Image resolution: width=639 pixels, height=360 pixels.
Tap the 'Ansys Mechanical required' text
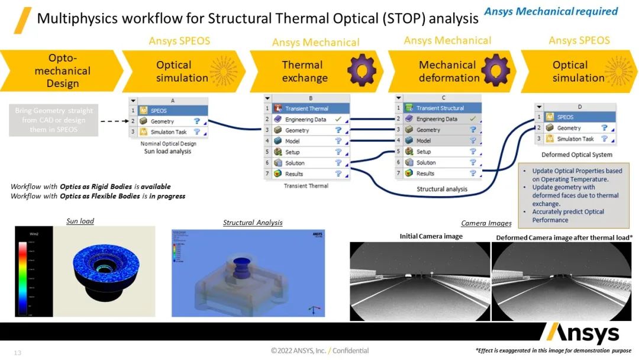point(550,11)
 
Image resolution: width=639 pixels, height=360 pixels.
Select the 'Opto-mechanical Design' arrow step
point(62,70)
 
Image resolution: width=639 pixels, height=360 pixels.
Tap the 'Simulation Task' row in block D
point(575,139)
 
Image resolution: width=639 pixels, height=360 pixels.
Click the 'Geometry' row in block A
point(169,121)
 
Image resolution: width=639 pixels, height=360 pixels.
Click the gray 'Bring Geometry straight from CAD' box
point(53,120)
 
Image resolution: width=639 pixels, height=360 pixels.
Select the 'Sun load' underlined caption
point(80,221)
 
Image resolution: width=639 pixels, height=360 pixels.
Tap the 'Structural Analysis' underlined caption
point(253,223)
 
